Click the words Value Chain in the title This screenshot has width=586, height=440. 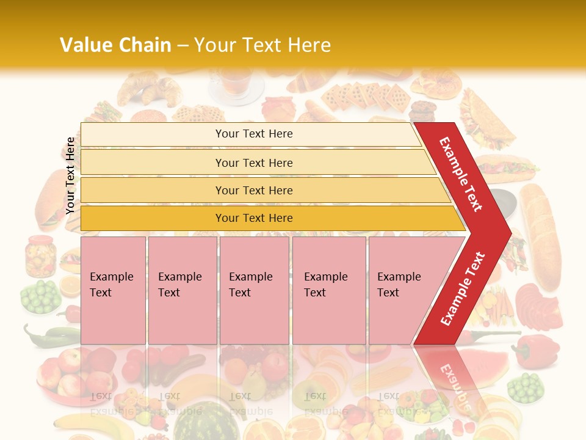coord(115,45)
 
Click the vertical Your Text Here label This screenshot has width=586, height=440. coord(70,175)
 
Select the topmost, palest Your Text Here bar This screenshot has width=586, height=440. coord(253,134)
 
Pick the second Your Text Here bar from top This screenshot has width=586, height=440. coord(253,163)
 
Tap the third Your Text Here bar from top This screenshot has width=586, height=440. coord(253,190)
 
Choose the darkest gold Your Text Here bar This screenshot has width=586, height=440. coord(253,218)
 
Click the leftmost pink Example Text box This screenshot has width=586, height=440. coord(113,290)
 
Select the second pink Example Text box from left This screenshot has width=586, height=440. coord(182,290)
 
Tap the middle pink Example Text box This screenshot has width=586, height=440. coord(254,290)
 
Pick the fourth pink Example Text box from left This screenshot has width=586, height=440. coord(328,290)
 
